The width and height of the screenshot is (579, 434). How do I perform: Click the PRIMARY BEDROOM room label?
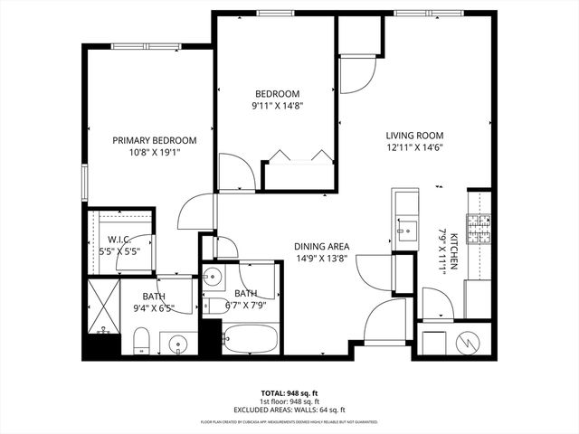coord(155,140)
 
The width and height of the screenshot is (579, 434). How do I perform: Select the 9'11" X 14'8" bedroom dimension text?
coord(277,106)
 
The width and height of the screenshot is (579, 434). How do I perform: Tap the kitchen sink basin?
coord(405,226)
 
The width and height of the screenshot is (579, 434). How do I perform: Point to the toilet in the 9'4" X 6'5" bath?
coord(140,340)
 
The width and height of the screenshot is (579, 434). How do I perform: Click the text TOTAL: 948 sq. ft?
coord(289,392)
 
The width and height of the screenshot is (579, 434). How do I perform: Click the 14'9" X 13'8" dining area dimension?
coord(321,258)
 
